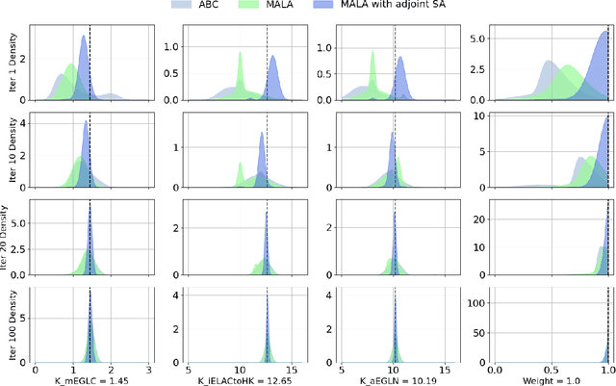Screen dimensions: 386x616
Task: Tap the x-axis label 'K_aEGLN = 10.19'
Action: [395, 378]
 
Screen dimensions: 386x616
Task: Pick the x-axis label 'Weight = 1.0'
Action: [549, 378]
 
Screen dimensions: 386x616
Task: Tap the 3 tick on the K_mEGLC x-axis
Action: [148, 368]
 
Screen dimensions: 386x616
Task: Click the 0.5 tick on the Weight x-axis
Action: [550, 368]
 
